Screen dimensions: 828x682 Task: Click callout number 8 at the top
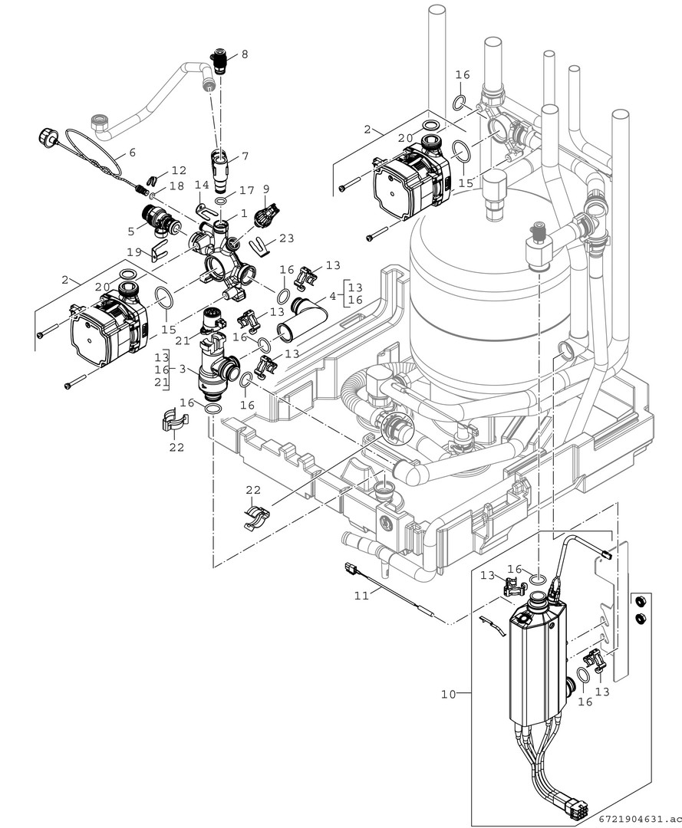click(245, 54)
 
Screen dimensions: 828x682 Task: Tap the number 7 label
click(245, 156)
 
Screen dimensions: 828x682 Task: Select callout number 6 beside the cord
click(132, 153)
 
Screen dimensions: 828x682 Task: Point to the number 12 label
click(178, 169)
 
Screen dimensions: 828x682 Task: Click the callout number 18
click(176, 186)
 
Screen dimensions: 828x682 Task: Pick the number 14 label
click(201, 185)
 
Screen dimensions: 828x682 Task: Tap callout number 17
click(246, 189)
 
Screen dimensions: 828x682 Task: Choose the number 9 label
click(266, 188)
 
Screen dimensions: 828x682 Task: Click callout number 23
click(286, 238)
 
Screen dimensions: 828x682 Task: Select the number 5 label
click(131, 229)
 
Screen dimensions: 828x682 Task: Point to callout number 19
click(134, 251)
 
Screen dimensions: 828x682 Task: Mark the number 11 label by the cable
click(359, 594)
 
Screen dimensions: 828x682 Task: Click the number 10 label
click(448, 695)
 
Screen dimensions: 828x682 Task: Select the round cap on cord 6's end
click(44, 138)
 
